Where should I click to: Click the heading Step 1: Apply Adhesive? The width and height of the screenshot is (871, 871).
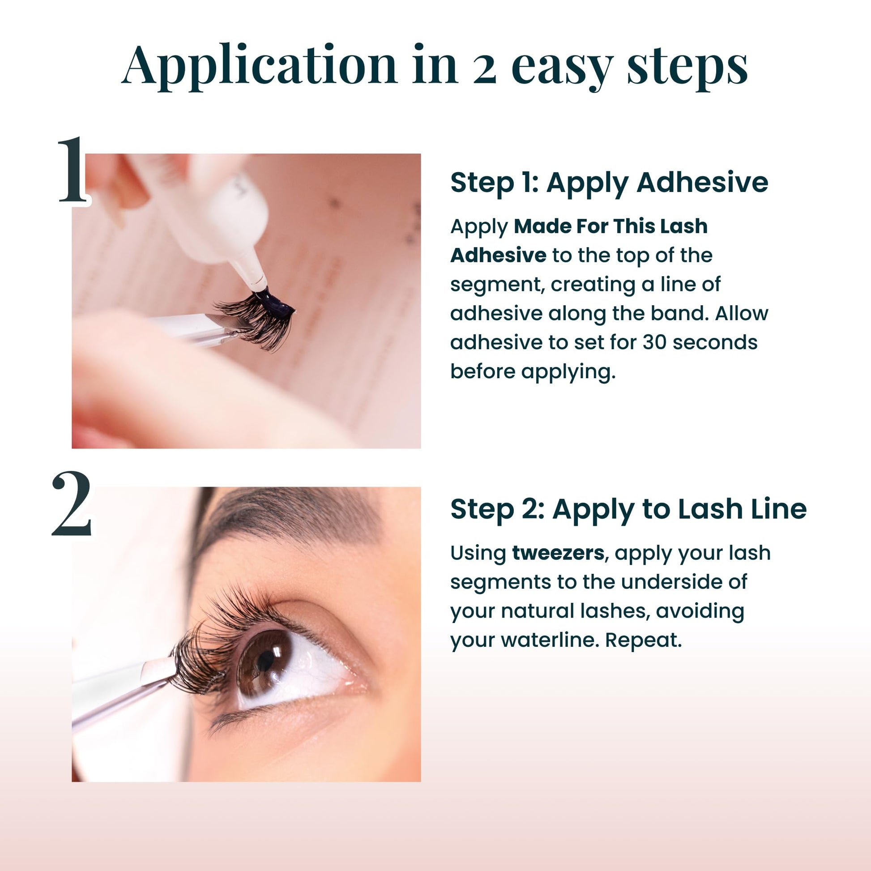point(610,183)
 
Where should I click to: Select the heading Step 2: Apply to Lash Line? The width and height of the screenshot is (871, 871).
point(628,509)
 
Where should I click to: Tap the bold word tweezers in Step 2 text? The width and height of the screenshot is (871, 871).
point(559,553)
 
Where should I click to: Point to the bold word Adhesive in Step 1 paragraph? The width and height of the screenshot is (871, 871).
point(499,255)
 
